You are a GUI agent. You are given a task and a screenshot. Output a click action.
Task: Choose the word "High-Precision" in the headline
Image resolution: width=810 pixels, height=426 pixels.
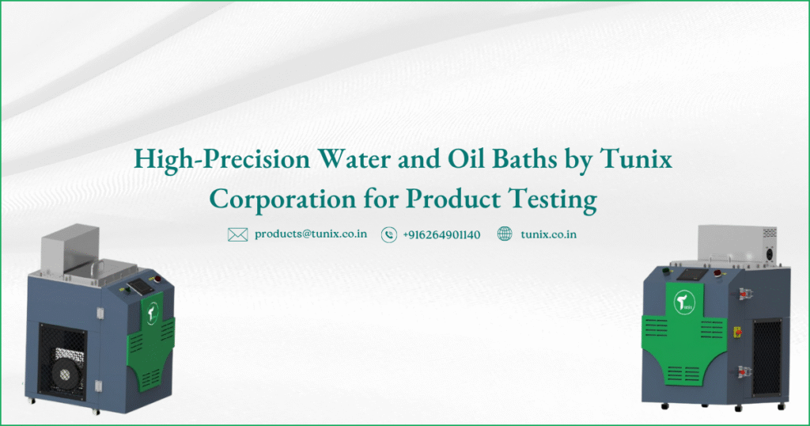(222, 159)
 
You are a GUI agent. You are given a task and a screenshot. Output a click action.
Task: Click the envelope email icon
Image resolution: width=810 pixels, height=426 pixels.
(237, 234)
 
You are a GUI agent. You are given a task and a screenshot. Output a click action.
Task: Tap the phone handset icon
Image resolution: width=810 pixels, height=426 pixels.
(389, 234)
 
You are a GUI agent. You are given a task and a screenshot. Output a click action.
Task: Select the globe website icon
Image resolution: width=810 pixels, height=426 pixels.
(505, 234)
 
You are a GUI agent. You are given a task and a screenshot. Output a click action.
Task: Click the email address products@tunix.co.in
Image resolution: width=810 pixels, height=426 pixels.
(311, 234)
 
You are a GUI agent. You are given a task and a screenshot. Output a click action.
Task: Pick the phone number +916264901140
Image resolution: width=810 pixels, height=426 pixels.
(441, 234)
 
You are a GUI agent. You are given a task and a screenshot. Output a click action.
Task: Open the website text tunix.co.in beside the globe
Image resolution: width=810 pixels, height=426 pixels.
(549, 234)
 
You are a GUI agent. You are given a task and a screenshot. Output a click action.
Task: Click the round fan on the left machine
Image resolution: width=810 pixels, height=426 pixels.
(66, 375)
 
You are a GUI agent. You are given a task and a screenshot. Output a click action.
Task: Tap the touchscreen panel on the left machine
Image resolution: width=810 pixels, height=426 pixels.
(139, 286)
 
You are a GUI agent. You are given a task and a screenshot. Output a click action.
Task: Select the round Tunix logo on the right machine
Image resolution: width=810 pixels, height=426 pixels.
(684, 302)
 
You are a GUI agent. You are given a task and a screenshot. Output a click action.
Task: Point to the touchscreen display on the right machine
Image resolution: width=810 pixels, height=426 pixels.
(688, 275)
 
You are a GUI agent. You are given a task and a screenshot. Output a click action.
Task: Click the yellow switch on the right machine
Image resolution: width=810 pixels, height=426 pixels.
(737, 332)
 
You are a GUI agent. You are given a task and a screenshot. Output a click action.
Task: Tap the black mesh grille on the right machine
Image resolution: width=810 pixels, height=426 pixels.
(767, 358)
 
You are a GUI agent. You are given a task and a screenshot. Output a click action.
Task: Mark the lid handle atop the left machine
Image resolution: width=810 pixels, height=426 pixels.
(97, 266)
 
